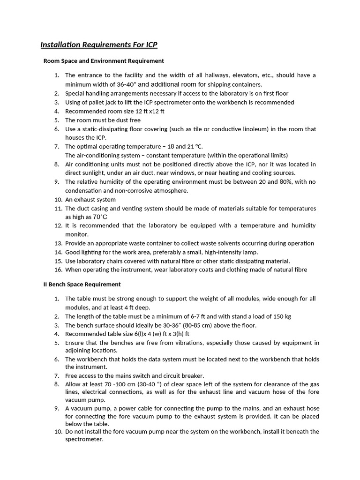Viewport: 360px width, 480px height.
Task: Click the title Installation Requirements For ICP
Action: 99,45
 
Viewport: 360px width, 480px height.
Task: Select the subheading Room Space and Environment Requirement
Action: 104,61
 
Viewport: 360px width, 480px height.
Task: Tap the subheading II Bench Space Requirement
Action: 82,284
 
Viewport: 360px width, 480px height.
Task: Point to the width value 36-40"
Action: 126,84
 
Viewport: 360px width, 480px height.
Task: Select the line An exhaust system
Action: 90,200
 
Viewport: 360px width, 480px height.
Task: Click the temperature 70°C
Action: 100,217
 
